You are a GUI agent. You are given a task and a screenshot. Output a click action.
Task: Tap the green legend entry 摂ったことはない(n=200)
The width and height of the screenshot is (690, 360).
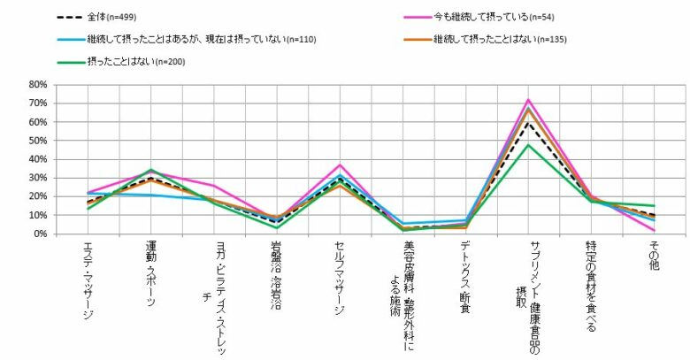pyautogui.click(x=141, y=61)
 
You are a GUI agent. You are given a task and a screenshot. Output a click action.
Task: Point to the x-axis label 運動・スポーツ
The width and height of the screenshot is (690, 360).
pyautogui.click(x=151, y=274)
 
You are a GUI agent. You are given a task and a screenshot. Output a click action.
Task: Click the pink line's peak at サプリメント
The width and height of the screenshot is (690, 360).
pyautogui.click(x=528, y=100)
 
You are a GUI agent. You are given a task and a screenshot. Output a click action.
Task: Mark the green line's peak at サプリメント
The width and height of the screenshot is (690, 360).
pyautogui.click(x=528, y=145)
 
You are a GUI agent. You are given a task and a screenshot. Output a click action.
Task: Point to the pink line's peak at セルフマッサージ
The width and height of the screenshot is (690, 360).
pyautogui.click(x=340, y=165)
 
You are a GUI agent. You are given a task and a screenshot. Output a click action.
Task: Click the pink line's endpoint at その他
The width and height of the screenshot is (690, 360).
pyautogui.click(x=654, y=231)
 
